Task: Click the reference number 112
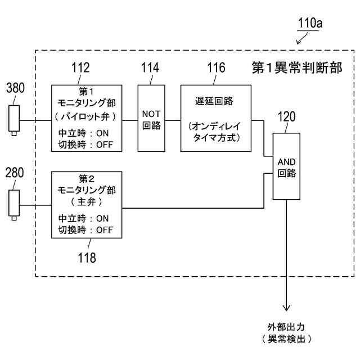click(x=80, y=68)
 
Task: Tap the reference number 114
click(x=149, y=68)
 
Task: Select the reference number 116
click(x=215, y=68)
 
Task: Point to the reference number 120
click(x=286, y=119)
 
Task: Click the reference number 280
click(x=15, y=173)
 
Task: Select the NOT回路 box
click(x=151, y=118)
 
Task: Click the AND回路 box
click(x=287, y=166)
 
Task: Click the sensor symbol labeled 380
click(x=14, y=119)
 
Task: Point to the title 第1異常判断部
click(x=296, y=68)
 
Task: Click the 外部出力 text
click(x=286, y=327)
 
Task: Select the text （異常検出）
click(x=286, y=339)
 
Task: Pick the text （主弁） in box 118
click(x=86, y=201)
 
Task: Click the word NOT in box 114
click(x=151, y=114)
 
